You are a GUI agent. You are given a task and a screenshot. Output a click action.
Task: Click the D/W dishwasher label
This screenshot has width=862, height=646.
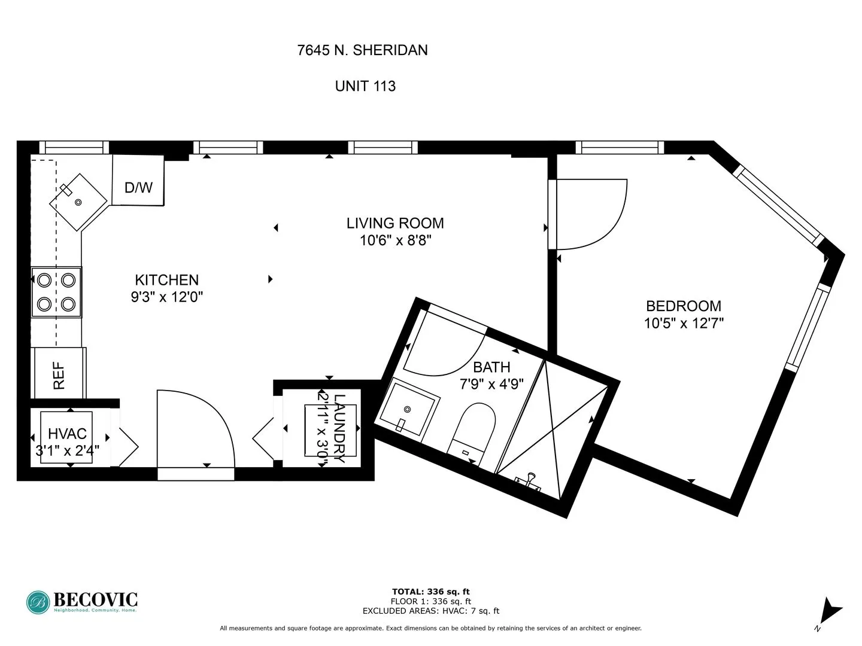coord(138,187)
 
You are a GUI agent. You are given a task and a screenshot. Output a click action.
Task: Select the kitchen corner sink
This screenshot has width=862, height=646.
coord(78,202)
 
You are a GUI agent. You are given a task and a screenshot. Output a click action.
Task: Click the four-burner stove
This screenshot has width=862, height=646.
coord(56,292)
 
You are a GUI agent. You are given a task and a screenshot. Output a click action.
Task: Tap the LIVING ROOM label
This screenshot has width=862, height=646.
coord(395,223)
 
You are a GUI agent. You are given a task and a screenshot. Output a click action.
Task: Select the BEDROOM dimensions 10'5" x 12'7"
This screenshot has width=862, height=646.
coord(684,324)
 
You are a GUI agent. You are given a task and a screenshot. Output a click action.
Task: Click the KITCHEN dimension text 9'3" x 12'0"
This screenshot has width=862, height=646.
coord(167,297)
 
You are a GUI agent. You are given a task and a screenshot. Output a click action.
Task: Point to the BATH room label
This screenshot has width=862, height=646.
coord(491,367)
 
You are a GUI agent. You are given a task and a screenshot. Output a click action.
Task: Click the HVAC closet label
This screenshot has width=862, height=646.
coord(67,434)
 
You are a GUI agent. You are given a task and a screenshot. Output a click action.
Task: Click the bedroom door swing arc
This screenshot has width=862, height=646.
coord(593,214)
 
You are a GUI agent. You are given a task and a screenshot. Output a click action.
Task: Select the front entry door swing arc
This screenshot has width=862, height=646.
coord(198,426)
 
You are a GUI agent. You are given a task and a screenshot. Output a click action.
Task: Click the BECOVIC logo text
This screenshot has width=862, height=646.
coord(96,599)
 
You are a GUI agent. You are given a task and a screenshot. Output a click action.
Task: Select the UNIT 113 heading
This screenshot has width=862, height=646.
coord(365,86)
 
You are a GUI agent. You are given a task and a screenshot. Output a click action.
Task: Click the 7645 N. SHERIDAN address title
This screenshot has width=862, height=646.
coord(362,50)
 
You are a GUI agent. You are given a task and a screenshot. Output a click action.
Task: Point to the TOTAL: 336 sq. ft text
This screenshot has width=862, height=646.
coord(430,592)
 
